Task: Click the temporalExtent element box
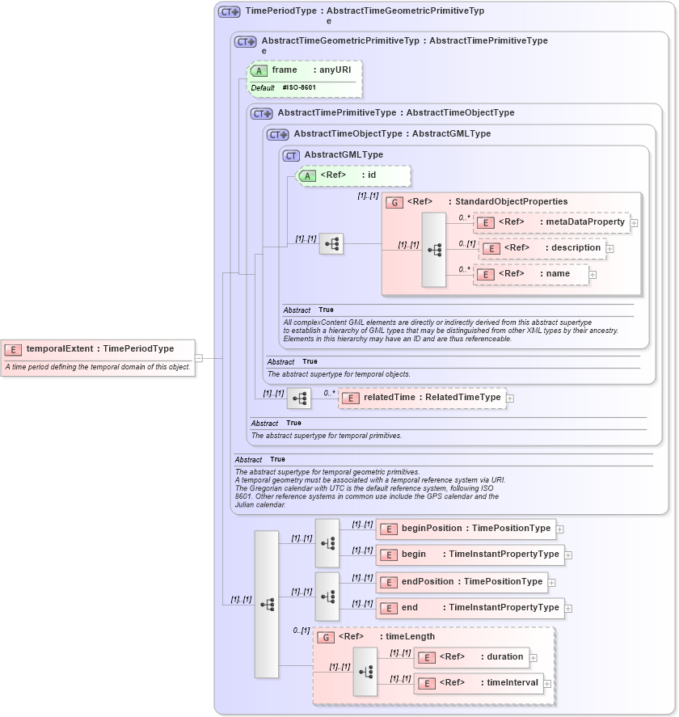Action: (x=98, y=349)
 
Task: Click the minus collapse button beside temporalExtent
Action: (x=199, y=358)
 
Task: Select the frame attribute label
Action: (x=285, y=70)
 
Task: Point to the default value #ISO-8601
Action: (x=299, y=87)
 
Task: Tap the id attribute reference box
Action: (x=354, y=175)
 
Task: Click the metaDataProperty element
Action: (x=551, y=222)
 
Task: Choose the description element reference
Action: (x=542, y=248)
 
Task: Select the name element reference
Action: (x=531, y=274)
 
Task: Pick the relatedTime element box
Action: (x=422, y=398)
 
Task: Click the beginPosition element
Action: (x=466, y=529)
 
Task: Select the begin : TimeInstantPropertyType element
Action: (x=470, y=555)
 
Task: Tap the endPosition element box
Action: (x=462, y=581)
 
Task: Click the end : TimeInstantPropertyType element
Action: (x=470, y=607)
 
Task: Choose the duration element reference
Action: (x=471, y=657)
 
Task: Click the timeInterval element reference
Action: (x=477, y=683)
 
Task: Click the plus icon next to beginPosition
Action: (x=560, y=529)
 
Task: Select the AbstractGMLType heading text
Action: (x=344, y=155)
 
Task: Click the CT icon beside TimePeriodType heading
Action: (x=230, y=12)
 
